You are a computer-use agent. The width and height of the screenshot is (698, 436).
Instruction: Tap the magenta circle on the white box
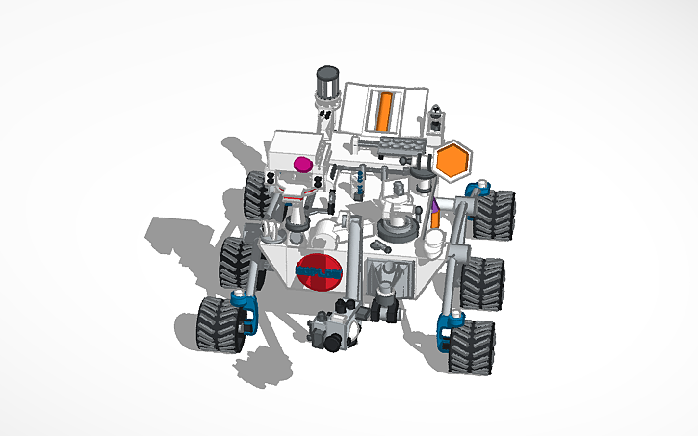pyautogui.click(x=302, y=163)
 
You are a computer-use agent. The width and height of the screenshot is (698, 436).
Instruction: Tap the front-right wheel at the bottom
pyautogui.click(x=471, y=346)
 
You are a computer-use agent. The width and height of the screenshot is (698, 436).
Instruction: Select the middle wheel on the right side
pyautogui.click(x=482, y=282)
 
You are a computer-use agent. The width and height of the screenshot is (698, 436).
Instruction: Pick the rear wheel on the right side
pyautogui.click(x=493, y=214)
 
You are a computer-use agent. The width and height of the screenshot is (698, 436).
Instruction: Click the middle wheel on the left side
pyautogui.click(x=235, y=262)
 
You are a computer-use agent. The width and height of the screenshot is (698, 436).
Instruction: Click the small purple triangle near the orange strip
pyautogui.click(x=434, y=204)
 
